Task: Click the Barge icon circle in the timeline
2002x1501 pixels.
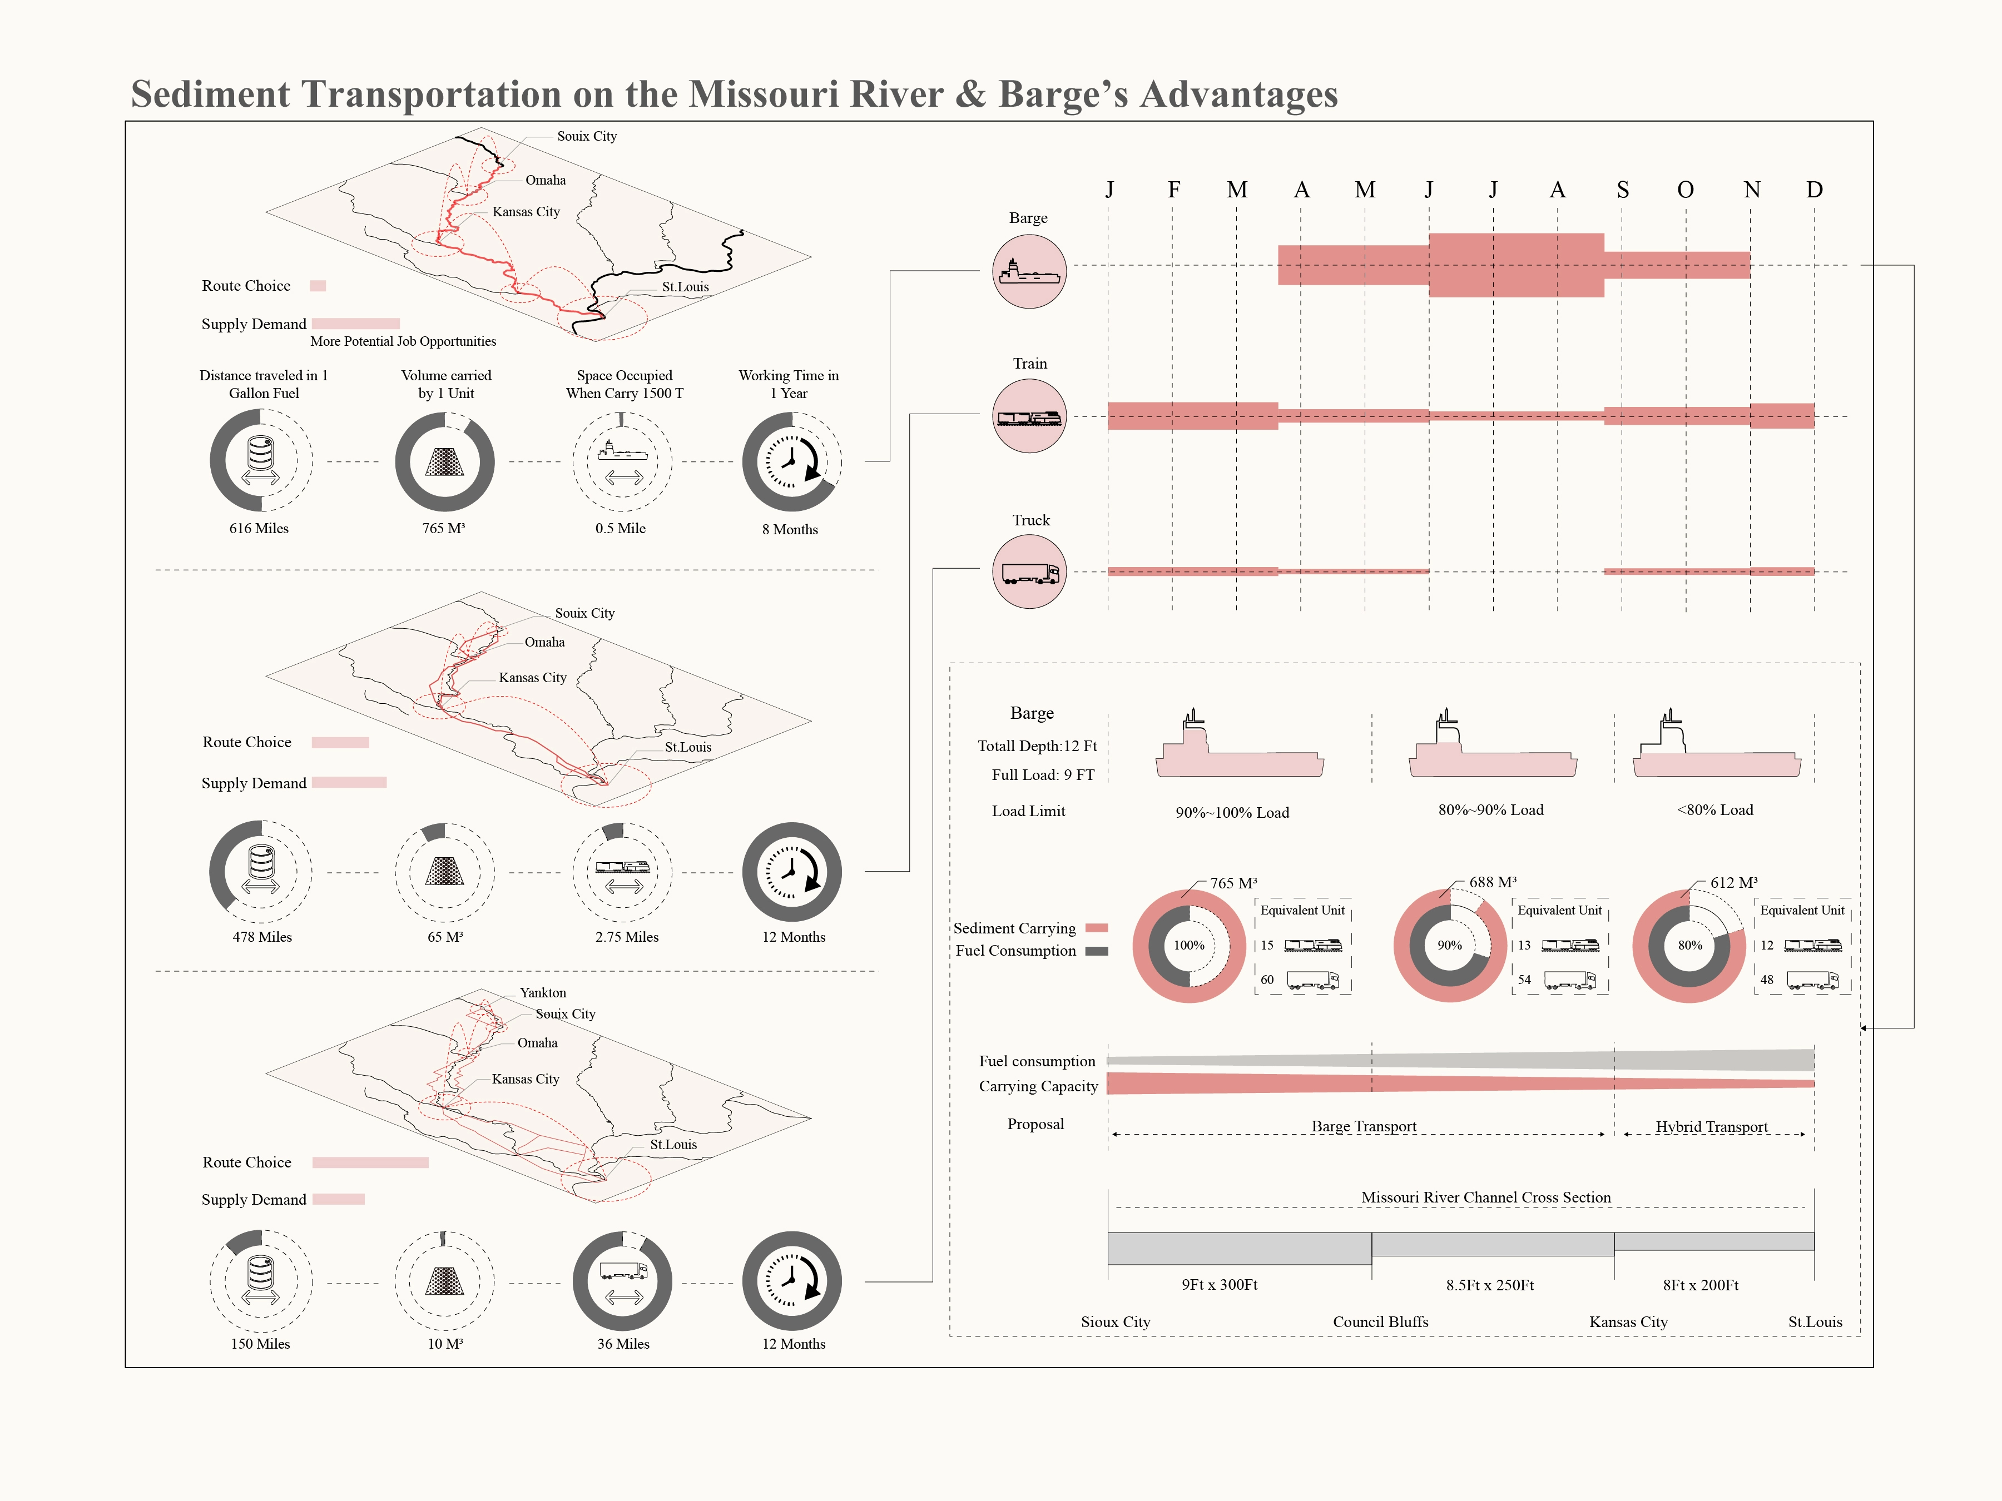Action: [1029, 271]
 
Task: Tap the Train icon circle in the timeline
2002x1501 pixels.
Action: [1029, 416]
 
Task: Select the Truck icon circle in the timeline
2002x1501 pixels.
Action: [1029, 572]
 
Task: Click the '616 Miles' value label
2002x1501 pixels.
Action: [259, 528]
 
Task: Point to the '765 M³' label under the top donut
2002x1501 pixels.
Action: [443, 528]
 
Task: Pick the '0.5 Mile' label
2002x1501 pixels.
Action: [620, 528]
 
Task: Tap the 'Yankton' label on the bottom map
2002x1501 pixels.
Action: [542, 992]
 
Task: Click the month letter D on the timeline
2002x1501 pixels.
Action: [1813, 190]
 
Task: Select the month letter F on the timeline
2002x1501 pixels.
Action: [1173, 190]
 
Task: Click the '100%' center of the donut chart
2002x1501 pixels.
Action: [1190, 946]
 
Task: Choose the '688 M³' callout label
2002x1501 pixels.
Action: [1493, 882]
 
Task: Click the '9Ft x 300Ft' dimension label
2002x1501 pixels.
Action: [1219, 1285]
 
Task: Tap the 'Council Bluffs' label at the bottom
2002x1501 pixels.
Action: [1380, 1322]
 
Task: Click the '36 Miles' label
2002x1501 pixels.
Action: [623, 1344]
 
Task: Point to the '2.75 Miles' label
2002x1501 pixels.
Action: [626, 936]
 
